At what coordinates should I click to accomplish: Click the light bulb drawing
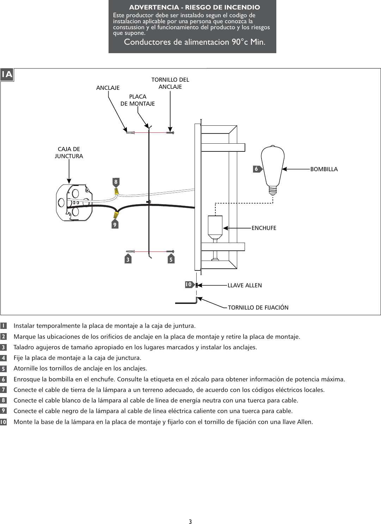click(273, 167)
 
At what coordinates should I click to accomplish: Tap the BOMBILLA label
click(324, 169)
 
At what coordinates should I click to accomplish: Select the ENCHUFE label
click(264, 228)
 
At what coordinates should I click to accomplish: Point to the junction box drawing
click(74, 202)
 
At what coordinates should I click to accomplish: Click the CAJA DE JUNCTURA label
click(69, 152)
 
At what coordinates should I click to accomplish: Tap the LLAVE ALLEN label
click(245, 285)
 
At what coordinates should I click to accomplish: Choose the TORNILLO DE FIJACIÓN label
click(258, 307)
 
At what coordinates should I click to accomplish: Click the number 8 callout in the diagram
click(116, 182)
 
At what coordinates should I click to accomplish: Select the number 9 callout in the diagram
click(115, 224)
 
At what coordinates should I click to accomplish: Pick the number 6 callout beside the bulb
click(257, 169)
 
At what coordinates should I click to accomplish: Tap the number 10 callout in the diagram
click(189, 285)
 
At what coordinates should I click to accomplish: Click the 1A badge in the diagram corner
click(7, 75)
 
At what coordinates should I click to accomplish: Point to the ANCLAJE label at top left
click(108, 88)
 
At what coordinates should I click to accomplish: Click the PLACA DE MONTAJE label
click(137, 100)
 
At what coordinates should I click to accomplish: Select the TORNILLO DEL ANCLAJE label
click(170, 83)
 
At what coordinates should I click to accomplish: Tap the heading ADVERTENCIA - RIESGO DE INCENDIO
click(195, 7)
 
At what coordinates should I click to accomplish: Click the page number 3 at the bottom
click(190, 522)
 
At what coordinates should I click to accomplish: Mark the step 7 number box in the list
click(4, 390)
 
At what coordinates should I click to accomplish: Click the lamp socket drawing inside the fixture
click(215, 227)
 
